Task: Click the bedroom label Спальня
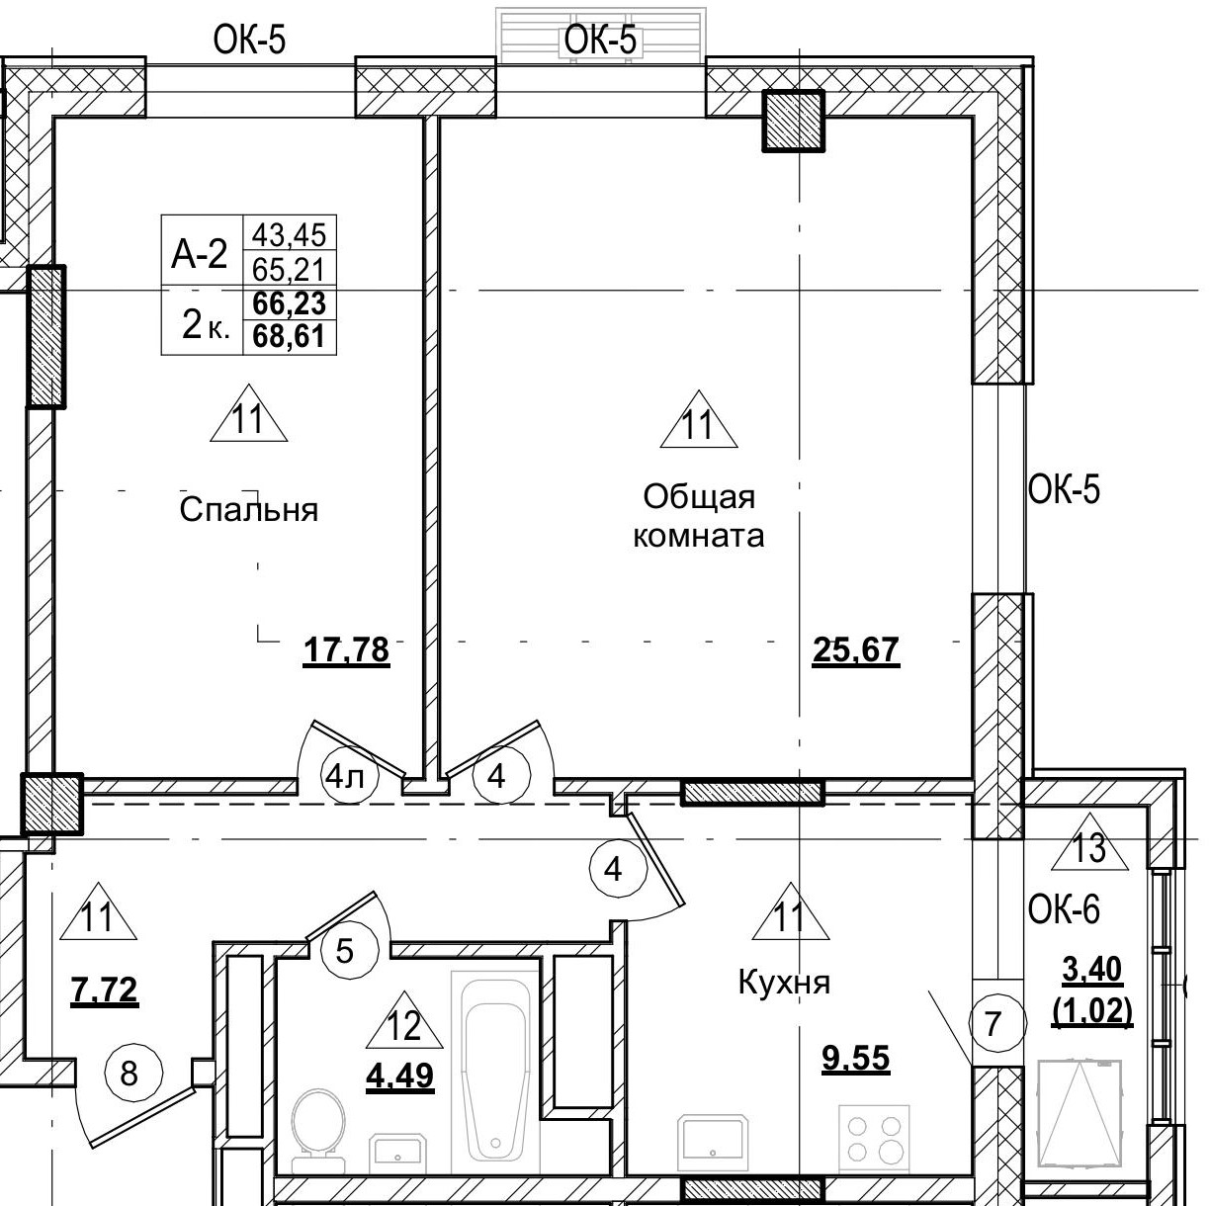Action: (x=249, y=510)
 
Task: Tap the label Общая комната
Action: (x=698, y=516)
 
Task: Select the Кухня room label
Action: (x=784, y=983)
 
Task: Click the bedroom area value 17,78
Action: (x=346, y=651)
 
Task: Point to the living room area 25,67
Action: (x=855, y=651)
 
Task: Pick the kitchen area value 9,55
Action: (x=856, y=1059)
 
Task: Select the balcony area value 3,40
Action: (x=1091, y=971)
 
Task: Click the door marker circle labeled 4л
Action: (x=344, y=777)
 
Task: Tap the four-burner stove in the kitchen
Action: (x=873, y=1138)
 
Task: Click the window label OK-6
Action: (x=1064, y=909)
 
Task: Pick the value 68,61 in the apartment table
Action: (x=290, y=337)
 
